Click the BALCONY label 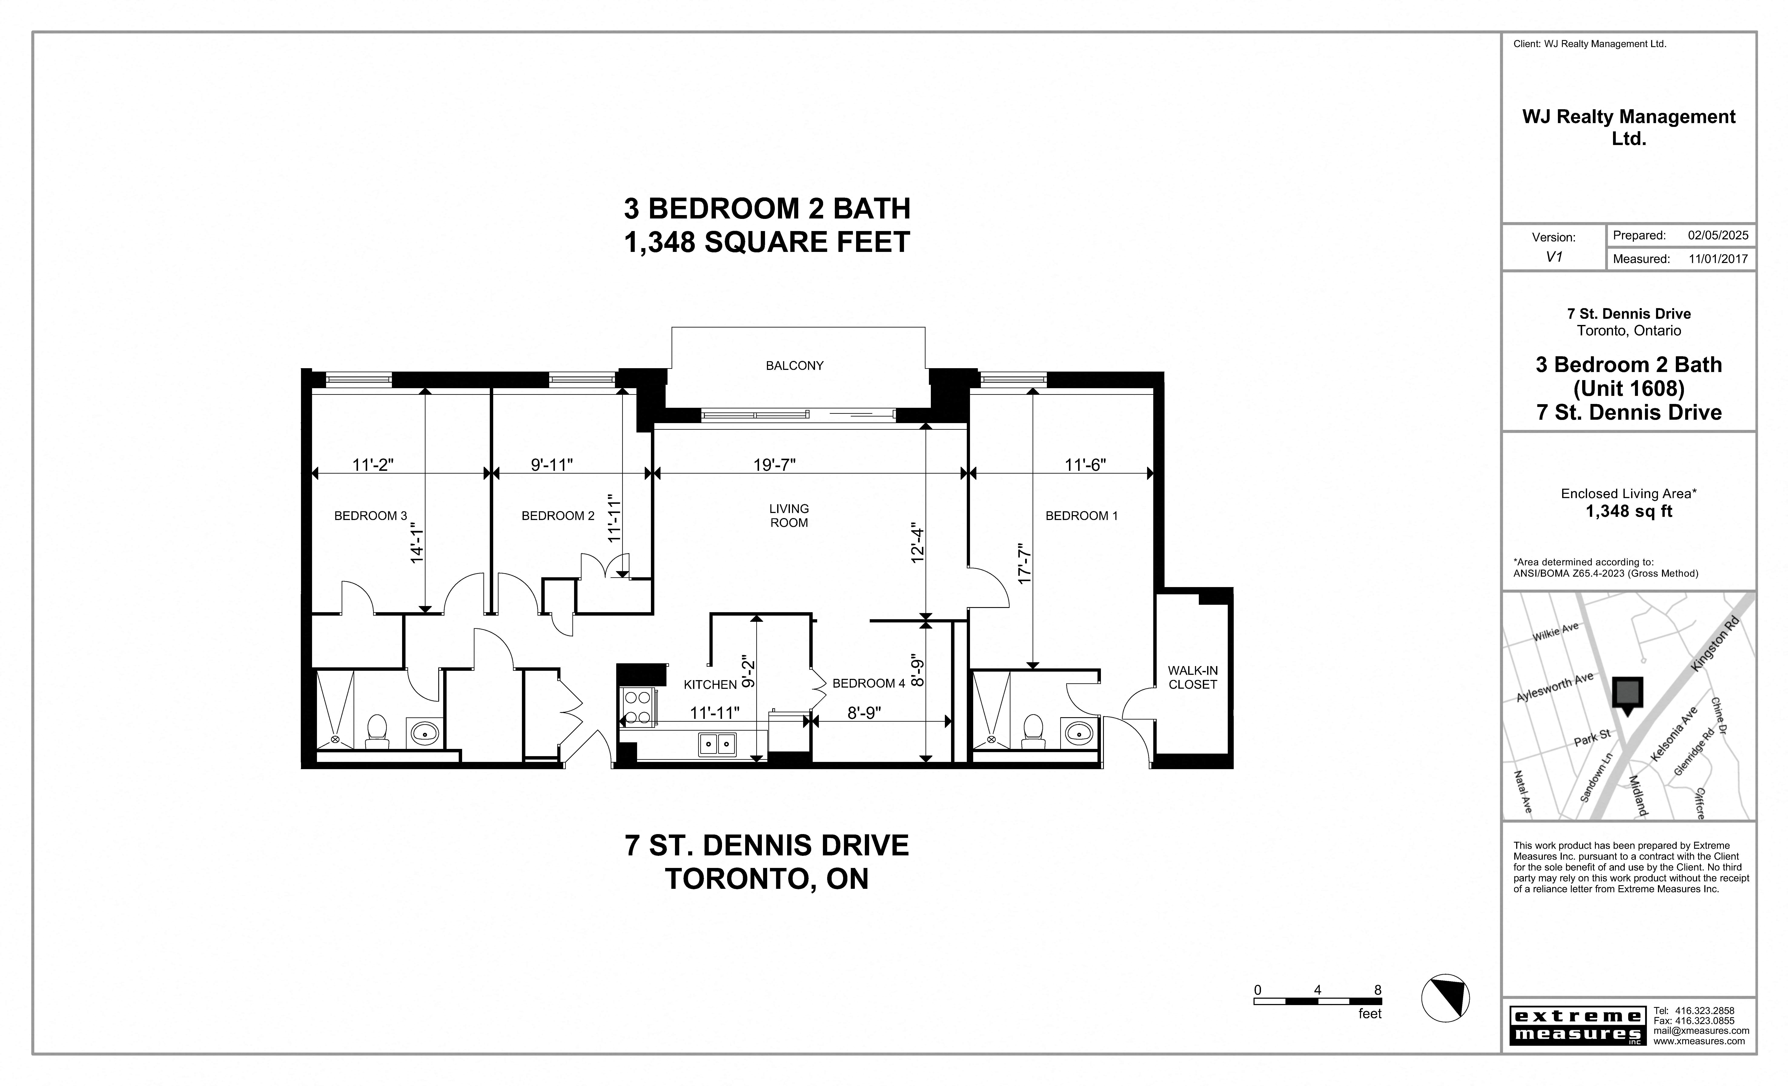pyautogui.click(x=795, y=366)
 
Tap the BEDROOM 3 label pyautogui.click(x=370, y=516)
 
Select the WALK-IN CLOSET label pyautogui.click(x=1192, y=677)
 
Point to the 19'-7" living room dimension pyautogui.click(x=774, y=465)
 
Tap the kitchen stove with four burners pyautogui.click(x=637, y=708)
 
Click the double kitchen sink pyautogui.click(x=717, y=744)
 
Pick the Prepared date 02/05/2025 pyautogui.click(x=1718, y=235)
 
